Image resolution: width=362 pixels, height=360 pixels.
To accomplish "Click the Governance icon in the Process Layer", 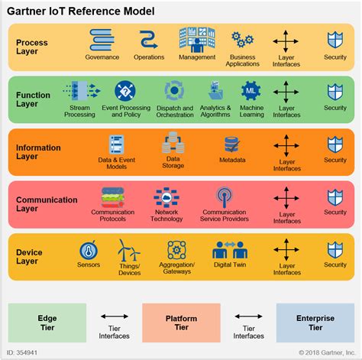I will coord(102,40).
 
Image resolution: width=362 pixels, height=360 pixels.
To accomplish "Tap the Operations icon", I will coord(148,40).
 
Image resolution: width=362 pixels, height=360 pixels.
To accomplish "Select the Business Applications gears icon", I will coord(242,40).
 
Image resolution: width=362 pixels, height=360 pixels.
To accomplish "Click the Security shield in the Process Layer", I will coord(335,40).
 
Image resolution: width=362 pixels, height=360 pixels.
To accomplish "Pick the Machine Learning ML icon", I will coord(250,92).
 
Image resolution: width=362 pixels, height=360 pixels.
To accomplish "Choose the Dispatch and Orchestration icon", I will coord(173,92).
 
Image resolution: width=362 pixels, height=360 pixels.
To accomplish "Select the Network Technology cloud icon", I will coord(166,198).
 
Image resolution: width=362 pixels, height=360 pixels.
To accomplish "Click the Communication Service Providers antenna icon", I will coord(224,198).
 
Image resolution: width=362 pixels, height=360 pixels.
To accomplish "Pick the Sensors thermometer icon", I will coord(88,251).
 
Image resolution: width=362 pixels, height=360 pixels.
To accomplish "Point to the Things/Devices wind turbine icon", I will coord(128,250).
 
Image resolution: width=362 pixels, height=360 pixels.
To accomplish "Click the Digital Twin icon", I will coord(226,250).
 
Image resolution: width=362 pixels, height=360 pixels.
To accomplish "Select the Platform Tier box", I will coord(181,321).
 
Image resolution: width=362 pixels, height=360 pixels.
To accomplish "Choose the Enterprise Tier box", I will coord(315,321).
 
